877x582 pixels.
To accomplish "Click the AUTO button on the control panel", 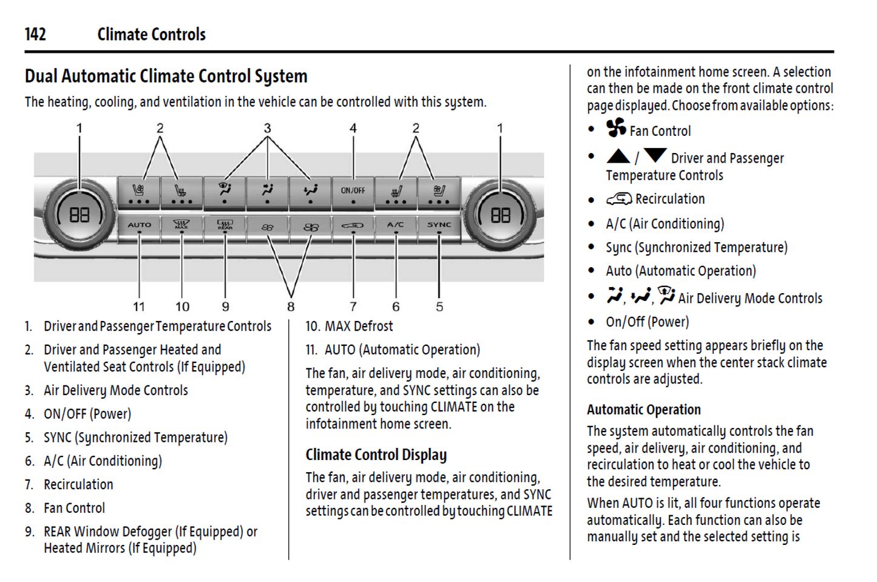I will coord(139,226).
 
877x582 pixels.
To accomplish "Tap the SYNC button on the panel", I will coord(439,226).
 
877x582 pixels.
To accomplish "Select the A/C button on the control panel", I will coord(396,226).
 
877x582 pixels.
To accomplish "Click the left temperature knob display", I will coord(79,215).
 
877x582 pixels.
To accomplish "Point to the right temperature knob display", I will coord(500,215).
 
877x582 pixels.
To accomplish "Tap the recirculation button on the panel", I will coord(353,226).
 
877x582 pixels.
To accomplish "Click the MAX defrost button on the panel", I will coord(181,226).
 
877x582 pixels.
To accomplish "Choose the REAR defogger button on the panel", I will coord(225,226).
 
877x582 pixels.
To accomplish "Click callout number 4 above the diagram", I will coord(353,129).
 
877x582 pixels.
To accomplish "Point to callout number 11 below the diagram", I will coord(139,307).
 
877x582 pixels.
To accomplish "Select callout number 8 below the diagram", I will coord(291,307).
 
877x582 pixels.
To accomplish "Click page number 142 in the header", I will coord(35,35).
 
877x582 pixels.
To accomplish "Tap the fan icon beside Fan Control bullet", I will coord(616,128).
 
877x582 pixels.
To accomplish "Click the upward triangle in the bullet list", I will coord(618,157).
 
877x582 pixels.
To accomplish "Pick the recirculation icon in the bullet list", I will coord(618,199).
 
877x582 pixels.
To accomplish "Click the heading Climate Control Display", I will coord(376,455).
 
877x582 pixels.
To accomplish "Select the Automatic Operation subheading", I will coord(643,410).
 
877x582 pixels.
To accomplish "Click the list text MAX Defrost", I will coord(359,327).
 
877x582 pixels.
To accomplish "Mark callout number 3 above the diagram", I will coord(267,129).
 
